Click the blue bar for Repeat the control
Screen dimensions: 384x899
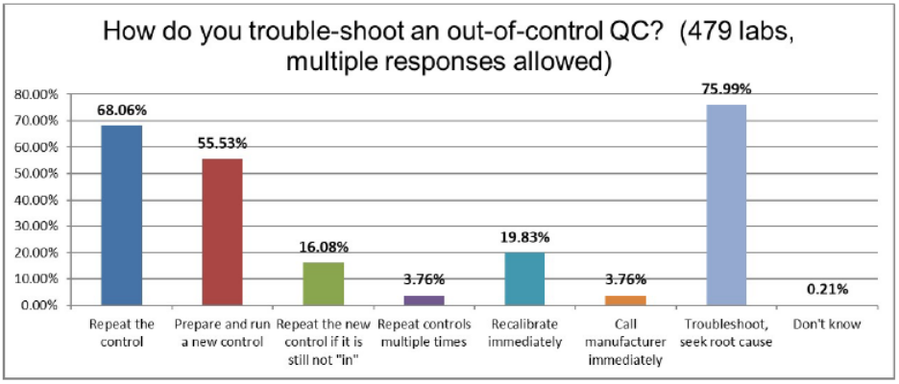tap(121, 215)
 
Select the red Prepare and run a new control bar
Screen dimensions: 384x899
tap(222, 231)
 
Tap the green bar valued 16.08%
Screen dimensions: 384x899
tap(323, 283)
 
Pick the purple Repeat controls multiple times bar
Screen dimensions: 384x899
tap(424, 300)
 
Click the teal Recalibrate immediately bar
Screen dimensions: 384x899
tap(523, 278)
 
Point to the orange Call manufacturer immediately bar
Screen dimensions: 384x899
tap(624, 300)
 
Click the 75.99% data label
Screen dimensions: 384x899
tap(726, 89)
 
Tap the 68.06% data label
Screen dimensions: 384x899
tap(121, 110)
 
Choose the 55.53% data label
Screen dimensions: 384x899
tap(222, 143)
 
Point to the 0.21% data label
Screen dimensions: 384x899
tap(826, 289)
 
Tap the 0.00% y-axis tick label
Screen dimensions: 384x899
tap(36, 306)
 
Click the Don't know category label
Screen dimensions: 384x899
tap(826, 324)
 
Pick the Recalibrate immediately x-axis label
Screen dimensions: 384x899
tap(524, 331)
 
